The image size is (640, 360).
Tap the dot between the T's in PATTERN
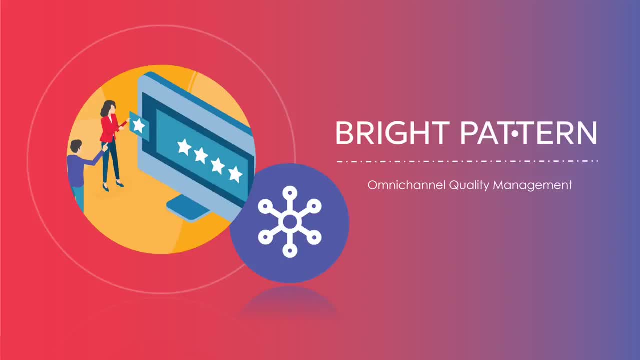[x=515, y=133]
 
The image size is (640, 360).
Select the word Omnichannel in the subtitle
[x=406, y=185]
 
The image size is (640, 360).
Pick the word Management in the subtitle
[x=532, y=186]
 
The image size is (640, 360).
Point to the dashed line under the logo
[x=467, y=161]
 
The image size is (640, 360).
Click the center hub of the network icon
[x=290, y=222]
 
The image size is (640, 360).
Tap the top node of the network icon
[x=290, y=193]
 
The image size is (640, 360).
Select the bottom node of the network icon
[x=290, y=250]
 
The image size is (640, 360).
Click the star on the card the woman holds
[x=139, y=126]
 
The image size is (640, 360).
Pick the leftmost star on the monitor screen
[x=184, y=147]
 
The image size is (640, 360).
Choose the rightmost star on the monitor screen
[x=235, y=174]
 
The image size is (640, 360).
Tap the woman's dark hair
[x=107, y=108]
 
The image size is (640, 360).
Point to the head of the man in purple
[x=76, y=146]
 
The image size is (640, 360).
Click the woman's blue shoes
[x=113, y=186]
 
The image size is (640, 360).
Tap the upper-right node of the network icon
[x=314, y=206]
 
